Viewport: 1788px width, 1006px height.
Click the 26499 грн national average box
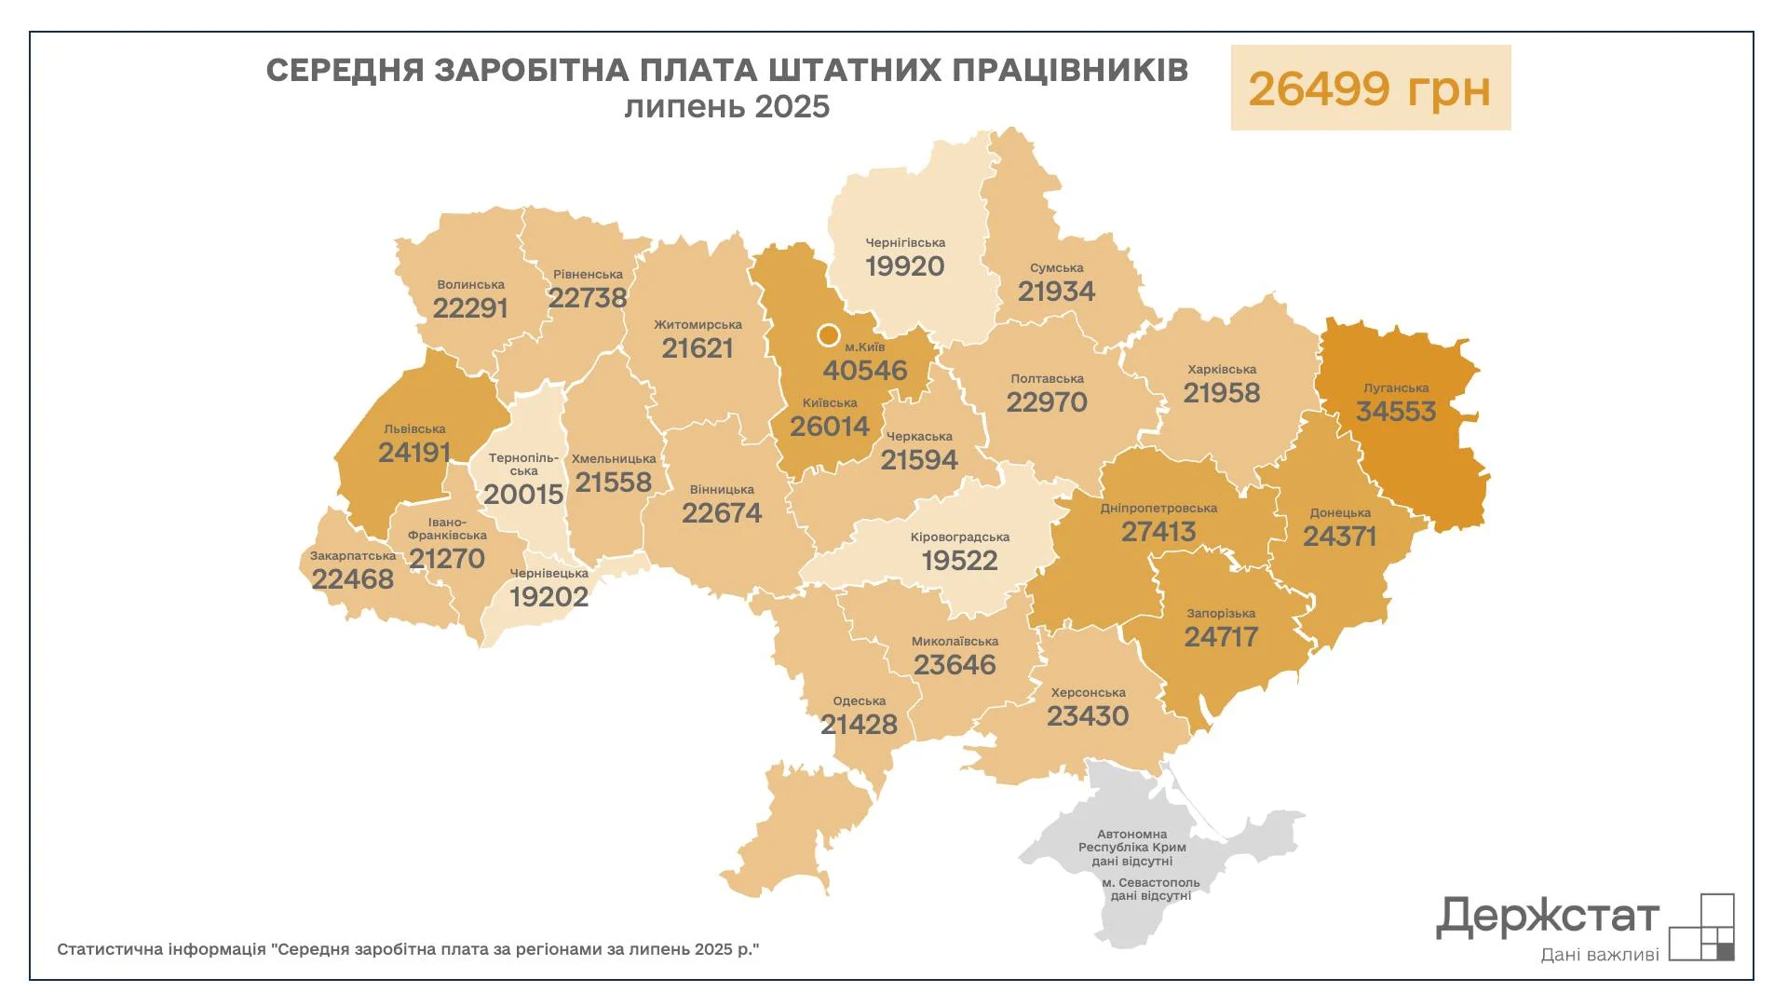1370,88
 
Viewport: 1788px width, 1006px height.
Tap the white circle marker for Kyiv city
828,334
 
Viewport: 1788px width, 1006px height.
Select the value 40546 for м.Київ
864,371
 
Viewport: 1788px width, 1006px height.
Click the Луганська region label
1395,388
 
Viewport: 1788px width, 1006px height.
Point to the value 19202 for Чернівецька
549,597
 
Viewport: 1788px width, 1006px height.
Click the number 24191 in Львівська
414,453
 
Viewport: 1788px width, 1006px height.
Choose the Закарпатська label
353,556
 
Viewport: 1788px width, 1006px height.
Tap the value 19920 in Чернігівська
904,266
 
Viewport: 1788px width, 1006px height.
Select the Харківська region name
1221,370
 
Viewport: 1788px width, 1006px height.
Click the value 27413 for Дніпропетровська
1158,532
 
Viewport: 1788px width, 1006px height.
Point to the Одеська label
859,701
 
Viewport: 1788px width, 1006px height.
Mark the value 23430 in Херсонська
1087,716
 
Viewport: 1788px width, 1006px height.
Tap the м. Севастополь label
1150,883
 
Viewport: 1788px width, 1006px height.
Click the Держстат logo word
1547,918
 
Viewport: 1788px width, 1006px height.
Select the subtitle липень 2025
726,107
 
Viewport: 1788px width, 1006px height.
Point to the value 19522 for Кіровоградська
959,561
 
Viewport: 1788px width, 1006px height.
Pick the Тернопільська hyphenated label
523,464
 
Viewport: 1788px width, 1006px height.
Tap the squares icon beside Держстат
1701,927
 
